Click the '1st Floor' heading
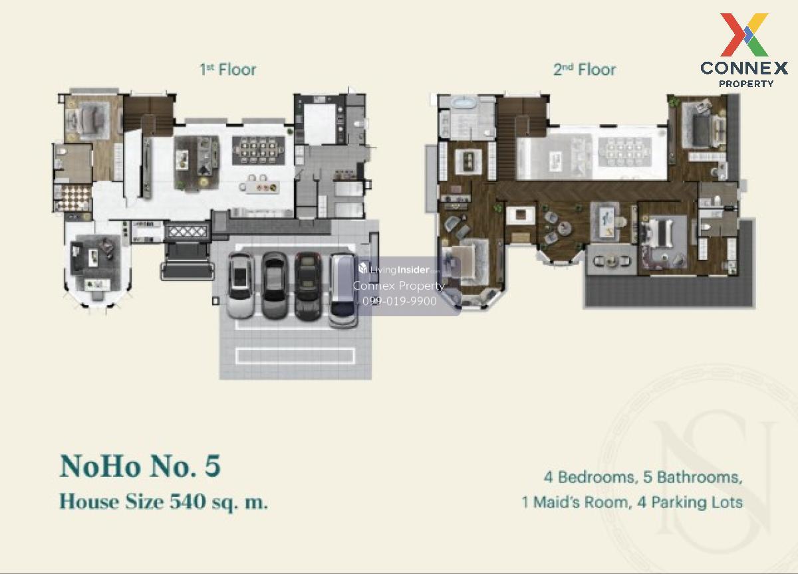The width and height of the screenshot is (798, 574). tap(227, 69)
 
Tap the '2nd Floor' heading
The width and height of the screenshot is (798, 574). tap(585, 69)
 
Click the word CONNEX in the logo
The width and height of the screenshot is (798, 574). tap(744, 68)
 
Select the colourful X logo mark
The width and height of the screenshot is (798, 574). tap(744, 35)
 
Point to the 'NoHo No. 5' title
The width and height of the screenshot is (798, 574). tap(140, 466)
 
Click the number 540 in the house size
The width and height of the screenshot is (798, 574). tap(188, 502)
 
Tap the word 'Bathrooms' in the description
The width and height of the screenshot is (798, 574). tap(700, 478)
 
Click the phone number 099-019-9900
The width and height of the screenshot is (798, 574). tap(400, 301)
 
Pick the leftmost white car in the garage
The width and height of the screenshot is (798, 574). tap(241, 285)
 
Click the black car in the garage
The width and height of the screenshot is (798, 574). tap(308, 286)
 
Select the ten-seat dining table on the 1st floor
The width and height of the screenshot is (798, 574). tap(259, 151)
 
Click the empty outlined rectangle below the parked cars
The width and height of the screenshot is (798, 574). tap(295, 356)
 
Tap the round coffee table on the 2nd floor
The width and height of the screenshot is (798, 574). tap(563, 228)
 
